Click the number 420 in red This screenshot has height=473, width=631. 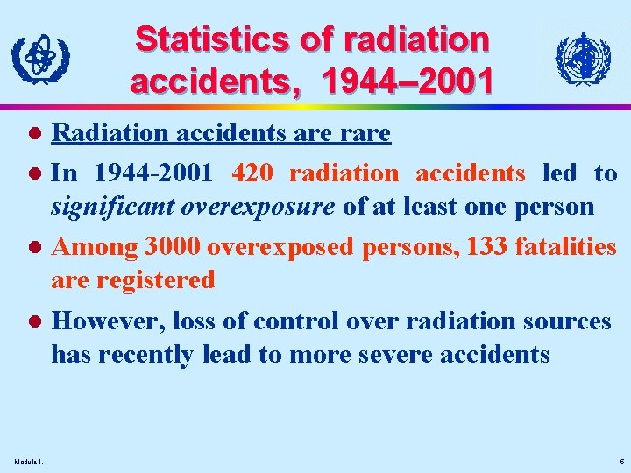[255, 173]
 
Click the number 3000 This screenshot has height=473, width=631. [171, 248]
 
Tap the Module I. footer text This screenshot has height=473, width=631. [31, 462]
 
